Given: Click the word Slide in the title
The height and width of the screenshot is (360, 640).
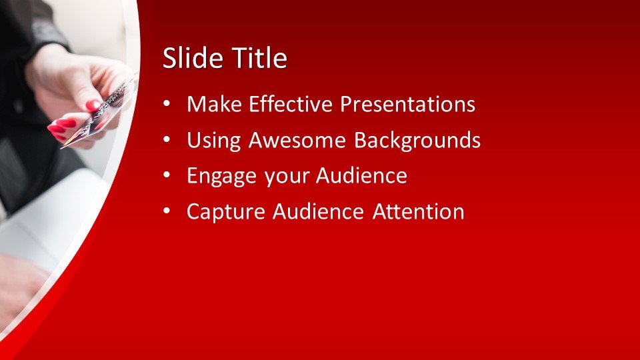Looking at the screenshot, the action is tap(193, 57).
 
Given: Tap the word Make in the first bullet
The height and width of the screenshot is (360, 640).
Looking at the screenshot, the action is tap(214, 104).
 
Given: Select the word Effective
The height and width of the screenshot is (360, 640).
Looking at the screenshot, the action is tap(291, 104).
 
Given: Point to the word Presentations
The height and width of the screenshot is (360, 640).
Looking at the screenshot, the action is tap(408, 104).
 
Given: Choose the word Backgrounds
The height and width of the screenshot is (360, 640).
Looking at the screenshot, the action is tap(417, 140).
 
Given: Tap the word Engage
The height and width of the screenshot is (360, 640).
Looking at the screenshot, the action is tap(221, 176).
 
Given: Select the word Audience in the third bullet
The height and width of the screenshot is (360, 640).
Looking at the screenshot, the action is tap(361, 175).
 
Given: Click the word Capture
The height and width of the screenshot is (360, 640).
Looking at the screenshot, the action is tap(226, 212).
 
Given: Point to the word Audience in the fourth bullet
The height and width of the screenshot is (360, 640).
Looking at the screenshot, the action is tap(319, 211).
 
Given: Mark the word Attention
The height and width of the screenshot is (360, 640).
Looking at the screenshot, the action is tap(419, 211).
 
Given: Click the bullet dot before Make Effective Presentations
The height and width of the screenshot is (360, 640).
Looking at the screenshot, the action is tap(167, 104).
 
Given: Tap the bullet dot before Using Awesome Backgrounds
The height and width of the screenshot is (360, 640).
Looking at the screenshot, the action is tap(167, 139).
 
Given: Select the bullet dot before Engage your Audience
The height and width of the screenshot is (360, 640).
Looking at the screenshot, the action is tap(167, 175).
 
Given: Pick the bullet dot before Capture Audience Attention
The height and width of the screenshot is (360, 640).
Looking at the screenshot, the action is tap(167, 211).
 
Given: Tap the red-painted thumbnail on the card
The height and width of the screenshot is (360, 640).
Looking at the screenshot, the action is tap(93, 106).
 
